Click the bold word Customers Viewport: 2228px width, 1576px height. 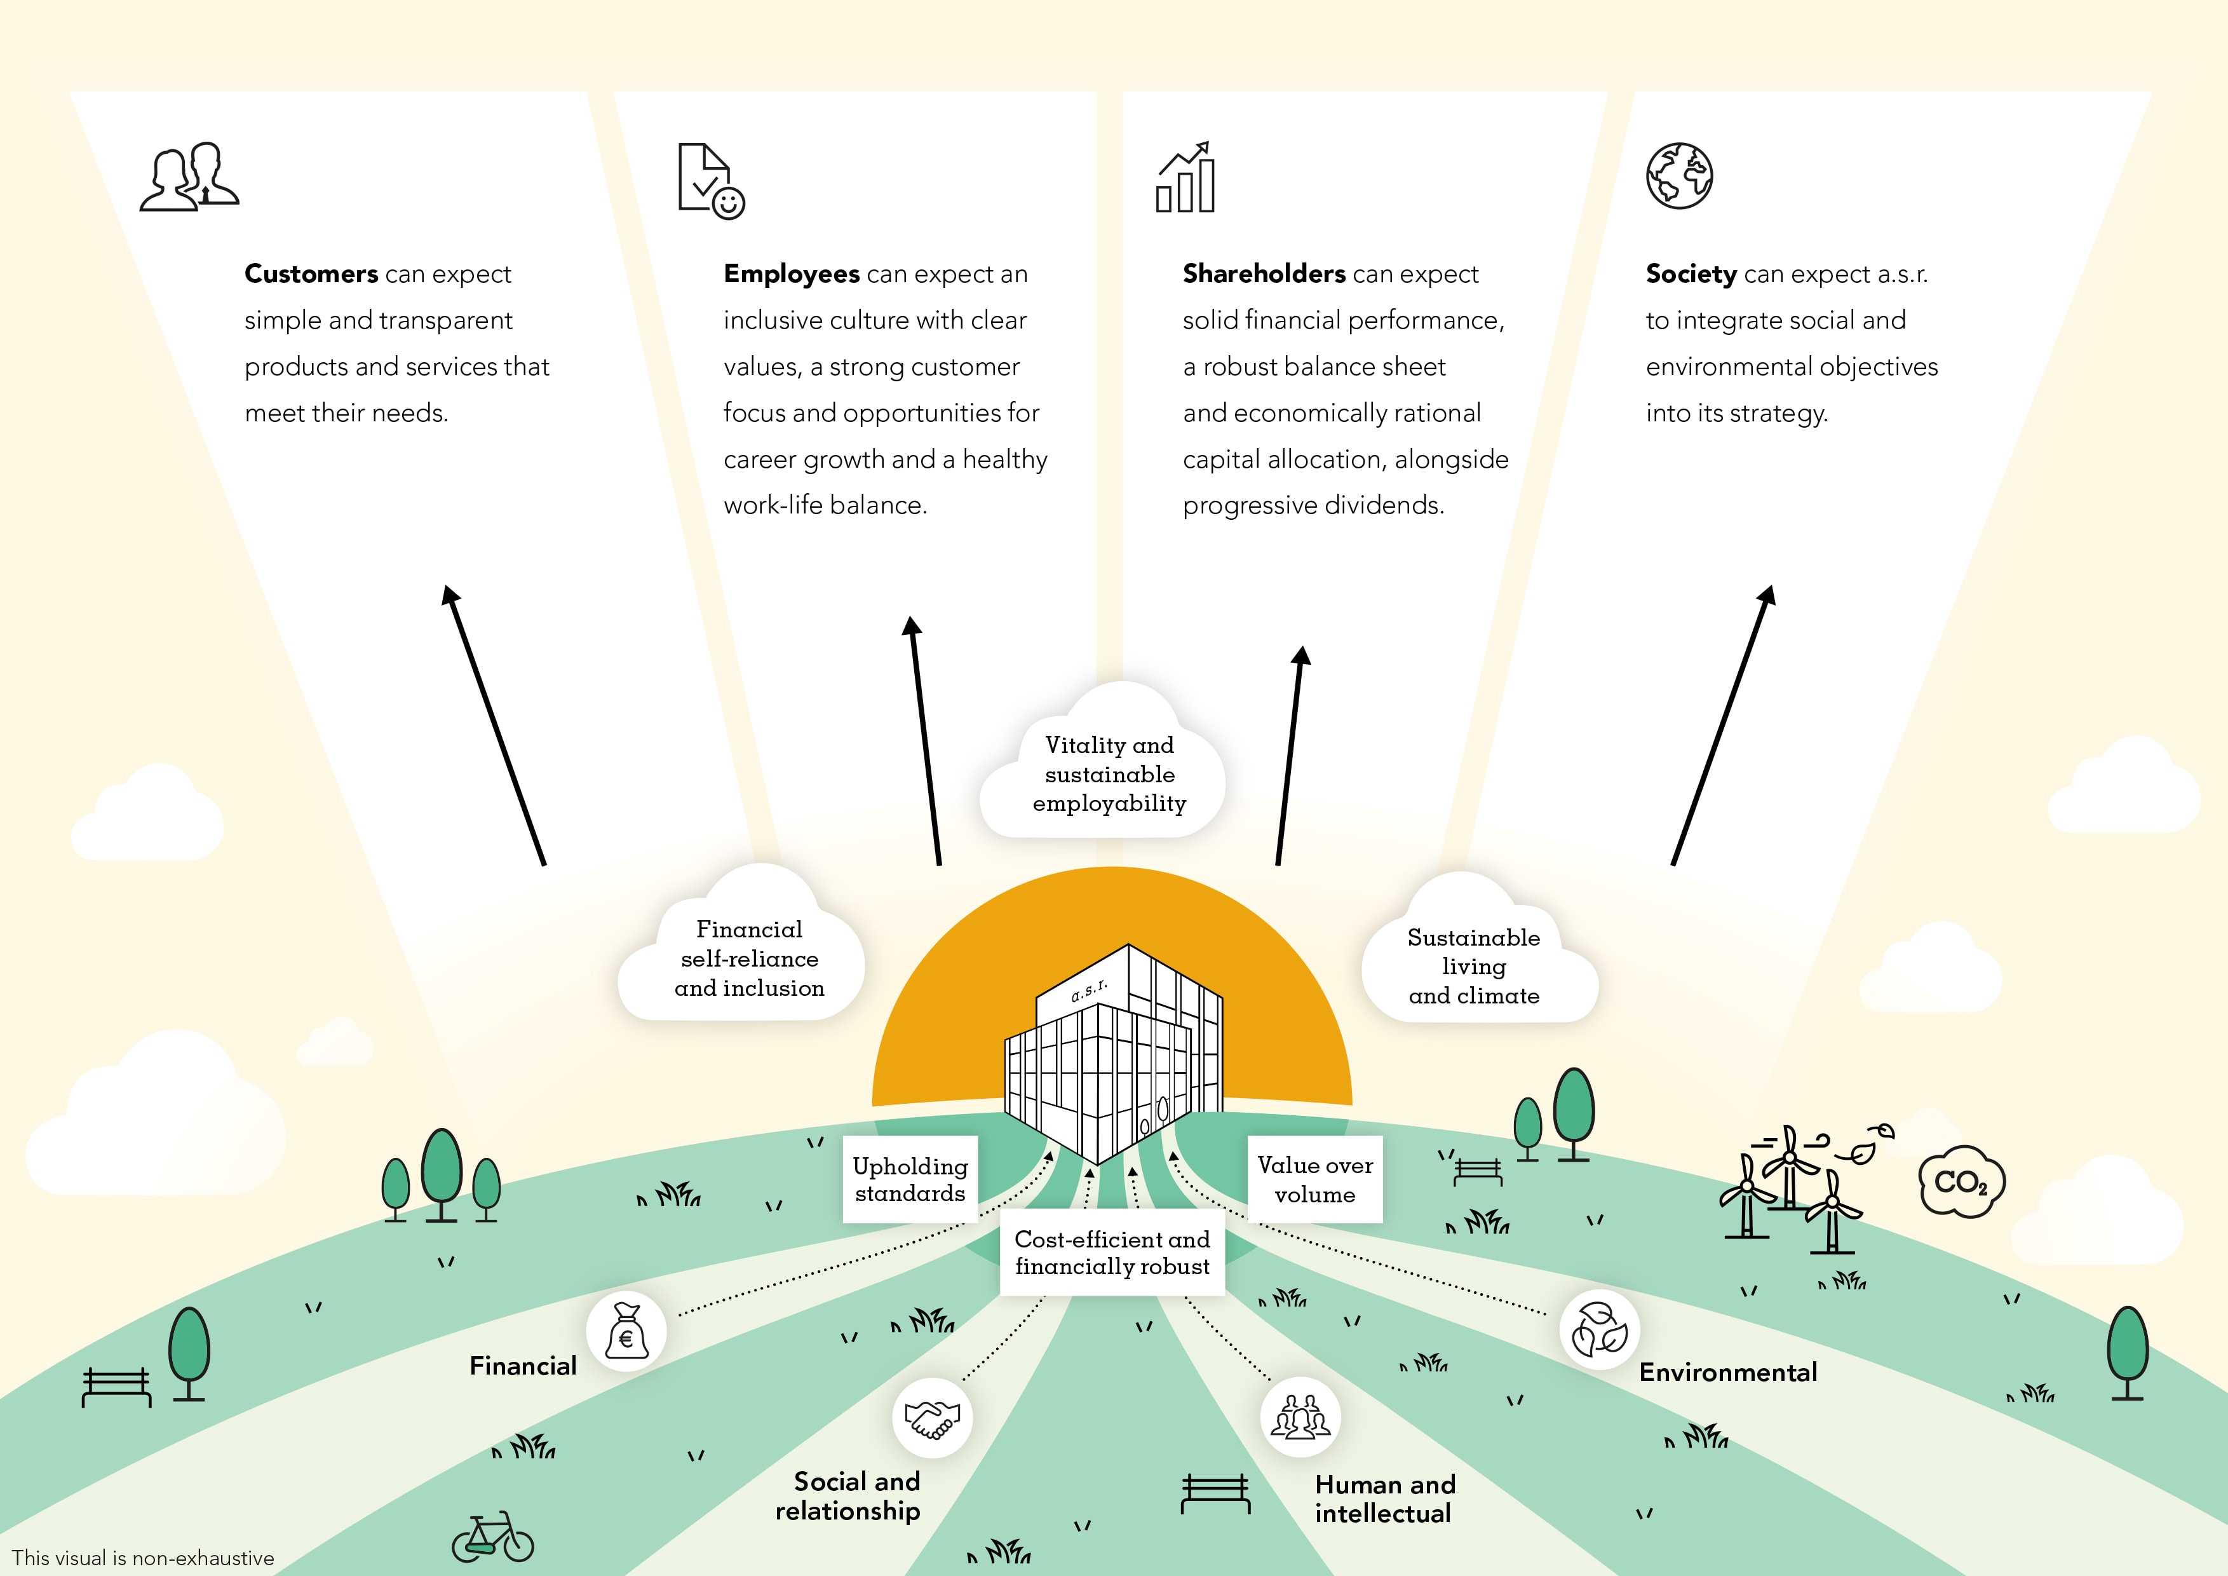(x=311, y=274)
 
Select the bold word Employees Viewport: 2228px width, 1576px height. (x=791, y=274)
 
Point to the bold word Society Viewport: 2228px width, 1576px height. (x=1691, y=274)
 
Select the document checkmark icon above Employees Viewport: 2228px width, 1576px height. (x=710, y=182)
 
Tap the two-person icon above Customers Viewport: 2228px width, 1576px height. (x=189, y=177)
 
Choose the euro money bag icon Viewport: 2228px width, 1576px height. (x=626, y=1331)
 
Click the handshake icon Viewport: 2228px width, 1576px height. (x=931, y=1418)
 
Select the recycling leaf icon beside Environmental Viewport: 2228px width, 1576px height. (x=1599, y=1329)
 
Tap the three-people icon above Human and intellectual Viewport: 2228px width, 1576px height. (x=1300, y=1417)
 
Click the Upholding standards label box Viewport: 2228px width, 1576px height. (x=910, y=1179)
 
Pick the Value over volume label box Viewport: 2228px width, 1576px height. (x=1315, y=1179)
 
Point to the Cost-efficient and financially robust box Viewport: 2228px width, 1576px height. (x=1112, y=1253)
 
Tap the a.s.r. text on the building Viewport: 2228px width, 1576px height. (x=1089, y=991)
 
